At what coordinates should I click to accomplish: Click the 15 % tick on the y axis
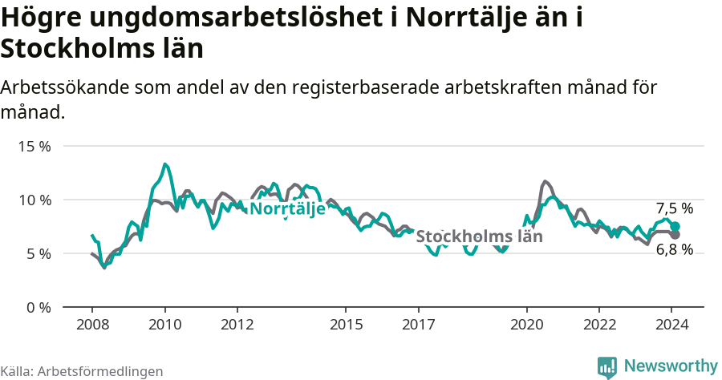coord(34,146)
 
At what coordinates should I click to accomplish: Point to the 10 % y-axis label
coord(34,200)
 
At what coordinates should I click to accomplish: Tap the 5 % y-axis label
coord(38,253)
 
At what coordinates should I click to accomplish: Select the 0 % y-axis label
coord(38,307)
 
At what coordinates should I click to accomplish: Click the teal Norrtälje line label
coord(287,208)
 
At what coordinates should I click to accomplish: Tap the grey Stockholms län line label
coord(479,236)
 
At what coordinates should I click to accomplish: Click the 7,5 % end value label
coord(674,208)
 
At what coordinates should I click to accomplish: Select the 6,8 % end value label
coord(674,249)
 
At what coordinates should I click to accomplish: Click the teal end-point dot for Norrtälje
coord(675,227)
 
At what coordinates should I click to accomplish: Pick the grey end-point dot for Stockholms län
coord(675,235)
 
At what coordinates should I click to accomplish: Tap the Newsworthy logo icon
coord(607,367)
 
